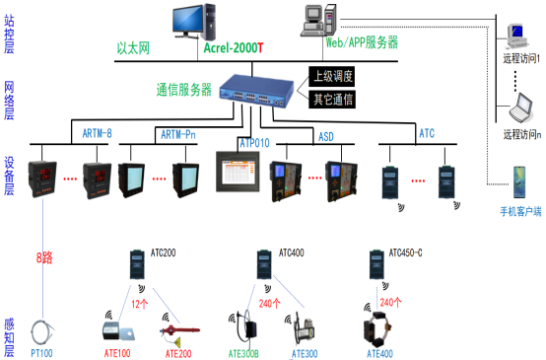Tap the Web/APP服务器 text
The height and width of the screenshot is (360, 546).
362,42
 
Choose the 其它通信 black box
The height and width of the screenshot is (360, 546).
332,100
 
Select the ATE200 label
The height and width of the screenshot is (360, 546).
177,352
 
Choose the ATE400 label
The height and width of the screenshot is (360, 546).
380,352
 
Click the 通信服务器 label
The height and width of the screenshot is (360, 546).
183,89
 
